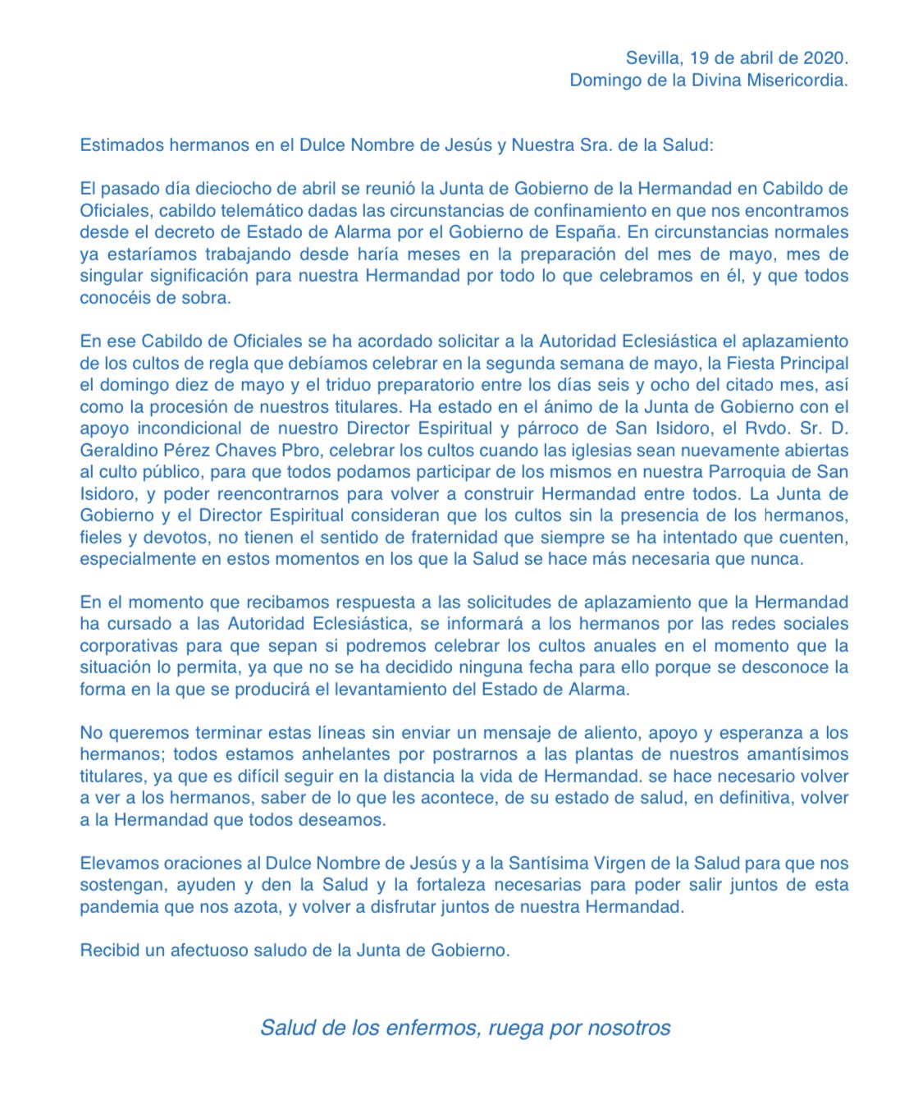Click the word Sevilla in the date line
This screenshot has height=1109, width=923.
653,58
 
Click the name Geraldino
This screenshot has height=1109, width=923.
122,451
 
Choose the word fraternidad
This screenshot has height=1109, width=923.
443,538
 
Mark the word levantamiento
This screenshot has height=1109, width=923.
388,690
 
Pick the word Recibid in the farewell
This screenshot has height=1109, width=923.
109,951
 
